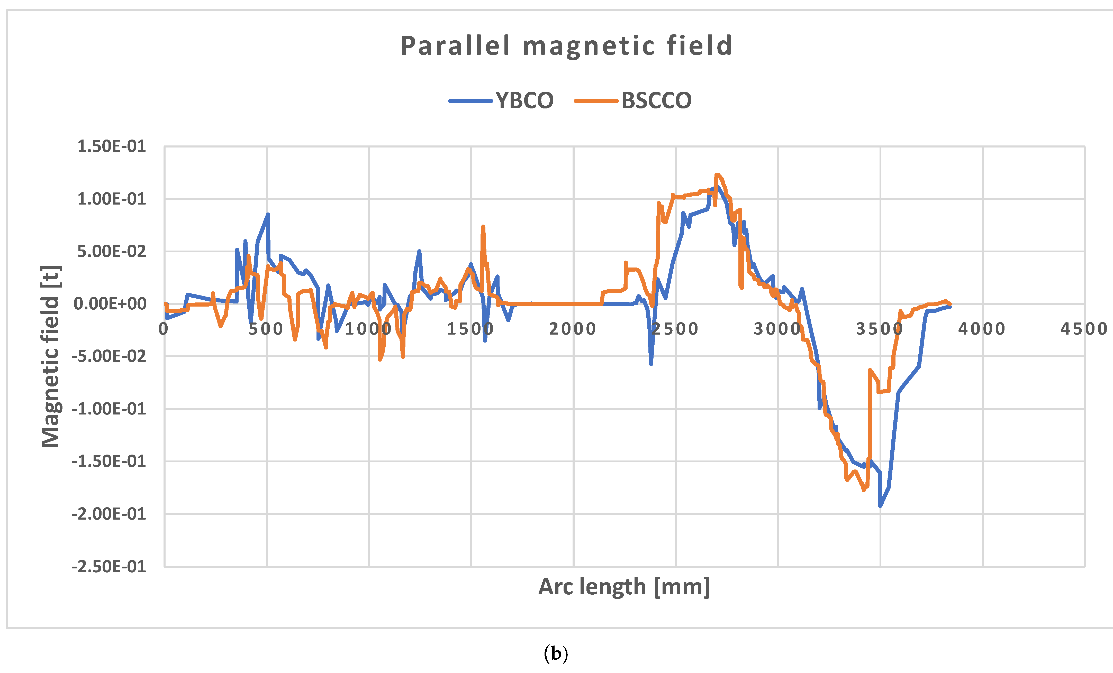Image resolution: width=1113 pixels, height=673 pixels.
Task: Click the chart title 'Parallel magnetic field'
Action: [566, 46]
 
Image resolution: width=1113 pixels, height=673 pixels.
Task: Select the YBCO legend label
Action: [524, 100]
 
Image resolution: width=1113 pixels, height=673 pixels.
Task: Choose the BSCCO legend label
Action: [656, 100]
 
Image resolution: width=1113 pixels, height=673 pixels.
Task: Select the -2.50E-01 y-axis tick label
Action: [108, 566]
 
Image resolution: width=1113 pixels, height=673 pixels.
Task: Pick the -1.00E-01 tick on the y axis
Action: [108, 409]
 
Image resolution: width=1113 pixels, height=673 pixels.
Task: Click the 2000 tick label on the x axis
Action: [573, 329]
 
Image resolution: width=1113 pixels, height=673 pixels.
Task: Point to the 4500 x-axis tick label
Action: [1084, 329]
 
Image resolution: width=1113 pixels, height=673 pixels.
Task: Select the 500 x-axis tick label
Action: [266, 329]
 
